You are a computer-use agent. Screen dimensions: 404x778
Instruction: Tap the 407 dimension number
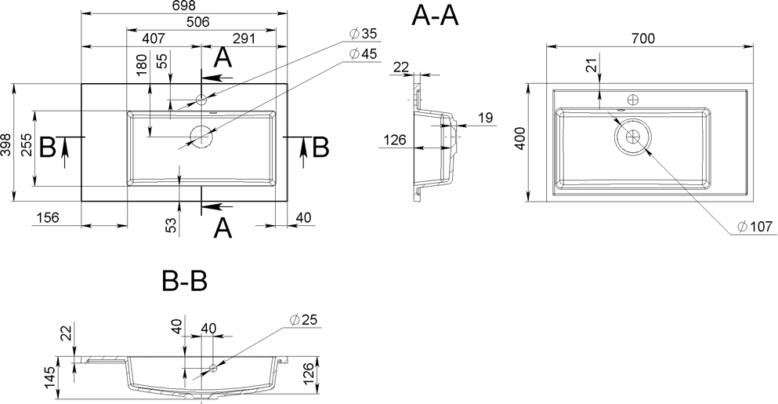[x=154, y=38]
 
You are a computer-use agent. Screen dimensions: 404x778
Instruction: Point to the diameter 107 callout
[x=755, y=227]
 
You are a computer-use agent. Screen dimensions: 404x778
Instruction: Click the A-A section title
[x=434, y=16]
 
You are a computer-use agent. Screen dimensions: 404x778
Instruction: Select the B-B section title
[x=183, y=280]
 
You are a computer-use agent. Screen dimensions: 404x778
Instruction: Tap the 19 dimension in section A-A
[x=484, y=118]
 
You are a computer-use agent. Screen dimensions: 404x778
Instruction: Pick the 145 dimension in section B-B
[x=49, y=378]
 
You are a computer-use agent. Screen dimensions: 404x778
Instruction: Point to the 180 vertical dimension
[x=141, y=64]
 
